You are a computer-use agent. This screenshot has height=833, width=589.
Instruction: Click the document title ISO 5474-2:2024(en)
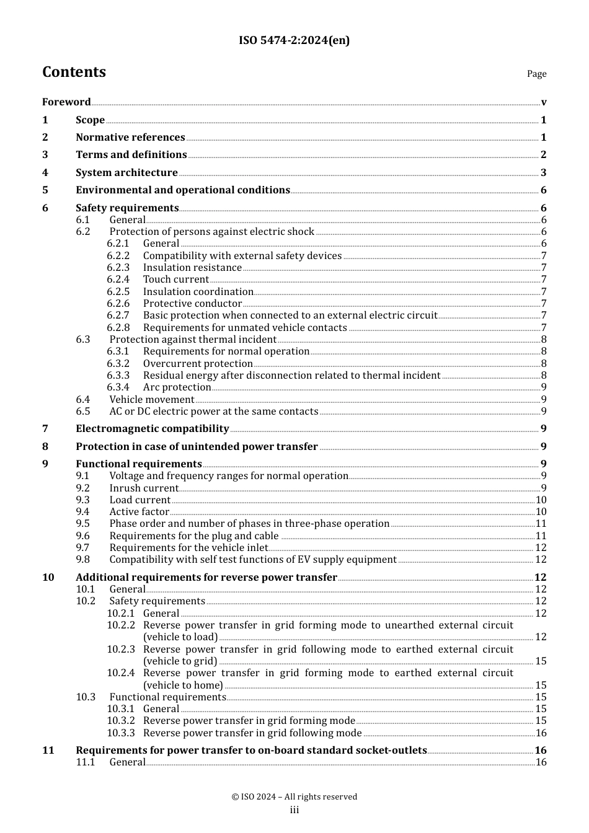[x=294, y=40]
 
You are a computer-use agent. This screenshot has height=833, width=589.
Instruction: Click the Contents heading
[x=74, y=72]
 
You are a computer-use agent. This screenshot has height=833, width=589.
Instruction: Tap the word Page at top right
[x=536, y=74]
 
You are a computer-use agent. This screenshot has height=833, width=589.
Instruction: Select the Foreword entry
[x=66, y=102]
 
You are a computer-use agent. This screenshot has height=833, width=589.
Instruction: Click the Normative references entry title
[x=130, y=138]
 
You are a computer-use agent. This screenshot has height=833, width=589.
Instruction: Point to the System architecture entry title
[x=126, y=173]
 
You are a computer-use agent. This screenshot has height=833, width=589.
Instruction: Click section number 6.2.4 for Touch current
[x=118, y=280]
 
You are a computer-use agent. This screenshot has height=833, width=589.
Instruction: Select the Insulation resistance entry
[x=192, y=268]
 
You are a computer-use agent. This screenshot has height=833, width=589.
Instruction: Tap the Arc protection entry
[x=177, y=387]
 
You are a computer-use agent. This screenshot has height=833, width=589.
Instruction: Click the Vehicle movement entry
[x=152, y=400]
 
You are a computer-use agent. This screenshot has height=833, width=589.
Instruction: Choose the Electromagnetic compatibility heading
[x=152, y=429]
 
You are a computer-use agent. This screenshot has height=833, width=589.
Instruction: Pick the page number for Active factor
[x=541, y=512]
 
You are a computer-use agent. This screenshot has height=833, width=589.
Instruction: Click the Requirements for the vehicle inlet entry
[x=188, y=548]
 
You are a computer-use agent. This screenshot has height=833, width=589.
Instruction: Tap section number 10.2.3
[x=120, y=650]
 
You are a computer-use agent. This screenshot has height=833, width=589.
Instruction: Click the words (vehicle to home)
[x=183, y=685]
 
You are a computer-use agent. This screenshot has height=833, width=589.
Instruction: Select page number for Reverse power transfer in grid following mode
[x=541, y=733]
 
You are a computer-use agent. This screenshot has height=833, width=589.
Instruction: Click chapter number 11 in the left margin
[x=48, y=751]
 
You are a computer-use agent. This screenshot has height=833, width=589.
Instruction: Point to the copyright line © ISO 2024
[x=294, y=797]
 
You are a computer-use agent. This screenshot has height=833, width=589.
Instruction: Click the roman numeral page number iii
[x=294, y=811]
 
